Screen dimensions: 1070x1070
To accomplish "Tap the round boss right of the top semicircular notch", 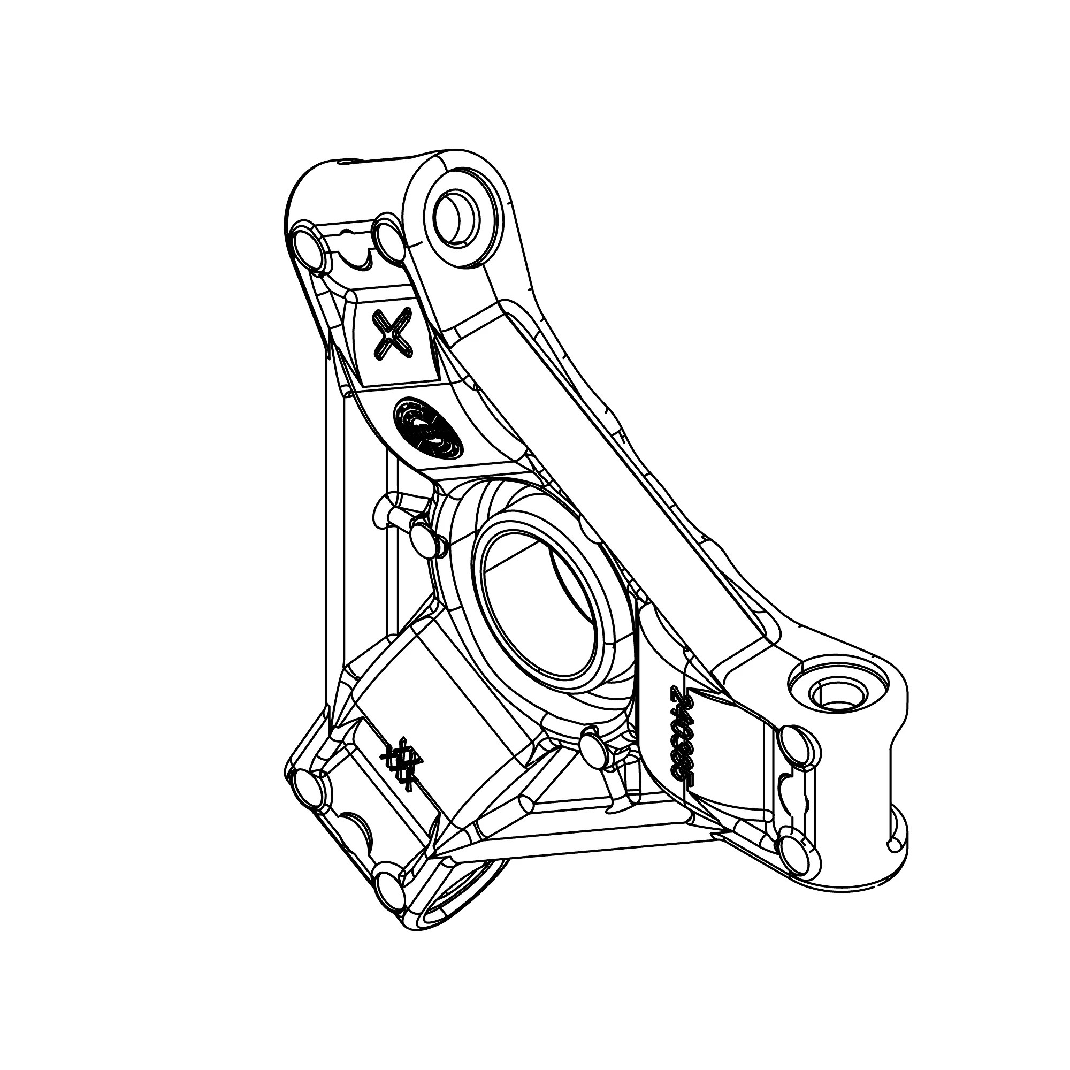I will [389, 239].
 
